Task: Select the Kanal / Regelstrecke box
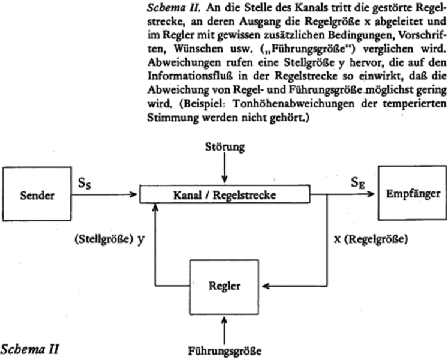click(225, 194)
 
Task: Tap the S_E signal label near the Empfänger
click(359, 181)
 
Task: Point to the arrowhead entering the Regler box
click(268, 286)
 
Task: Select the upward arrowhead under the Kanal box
click(156, 208)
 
